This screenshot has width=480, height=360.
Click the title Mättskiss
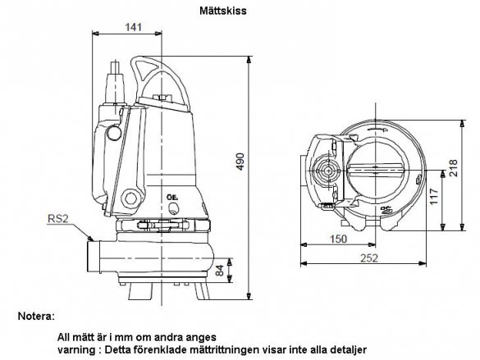pyautogui.click(x=223, y=11)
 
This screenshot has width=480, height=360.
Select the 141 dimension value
pyautogui.click(x=134, y=27)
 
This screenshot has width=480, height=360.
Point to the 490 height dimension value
pyautogui.click(x=241, y=162)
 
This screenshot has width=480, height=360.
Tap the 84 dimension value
pyautogui.click(x=220, y=270)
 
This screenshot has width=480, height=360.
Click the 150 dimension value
pyautogui.click(x=338, y=239)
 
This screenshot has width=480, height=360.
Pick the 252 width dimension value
pyautogui.click(x=369, y=258)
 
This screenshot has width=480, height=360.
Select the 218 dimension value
pyautogui.click(x=453, y=167)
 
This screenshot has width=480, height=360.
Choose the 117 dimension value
pyautogui.click(x=434, y=197)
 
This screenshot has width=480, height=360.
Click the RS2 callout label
pyautogui.click(x=58, y=219)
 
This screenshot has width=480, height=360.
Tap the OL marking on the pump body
pyautogui.click(x=172, y=198)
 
